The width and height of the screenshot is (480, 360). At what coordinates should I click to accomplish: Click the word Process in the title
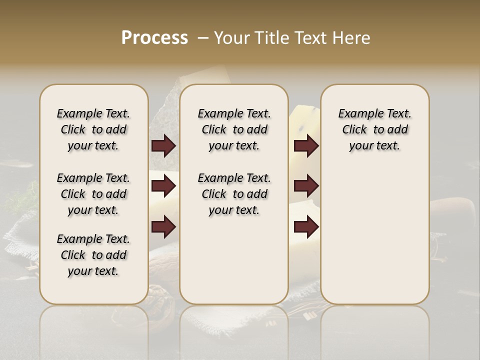154,37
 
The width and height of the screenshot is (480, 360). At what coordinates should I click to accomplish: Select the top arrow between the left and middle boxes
163,146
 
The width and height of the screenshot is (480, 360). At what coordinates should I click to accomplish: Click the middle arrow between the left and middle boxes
163,186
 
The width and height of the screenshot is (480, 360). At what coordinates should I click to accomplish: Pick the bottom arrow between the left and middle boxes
163,226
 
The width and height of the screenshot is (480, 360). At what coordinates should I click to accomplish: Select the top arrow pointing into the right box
306,146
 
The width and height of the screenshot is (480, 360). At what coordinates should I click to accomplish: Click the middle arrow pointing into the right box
306,186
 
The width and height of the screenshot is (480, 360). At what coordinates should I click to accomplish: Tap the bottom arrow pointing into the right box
306,226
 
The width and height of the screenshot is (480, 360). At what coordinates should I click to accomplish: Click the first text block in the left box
93,129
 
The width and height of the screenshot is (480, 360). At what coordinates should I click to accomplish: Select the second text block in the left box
93,194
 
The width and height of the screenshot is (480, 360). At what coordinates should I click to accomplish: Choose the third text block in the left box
93,255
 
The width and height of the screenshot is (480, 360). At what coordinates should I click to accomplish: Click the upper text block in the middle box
234,129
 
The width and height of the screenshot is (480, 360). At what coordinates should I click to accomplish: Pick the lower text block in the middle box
234,194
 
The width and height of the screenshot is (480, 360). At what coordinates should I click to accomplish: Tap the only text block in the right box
374,129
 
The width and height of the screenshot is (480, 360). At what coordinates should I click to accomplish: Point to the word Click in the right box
354,130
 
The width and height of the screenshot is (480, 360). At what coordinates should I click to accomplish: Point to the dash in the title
203,37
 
